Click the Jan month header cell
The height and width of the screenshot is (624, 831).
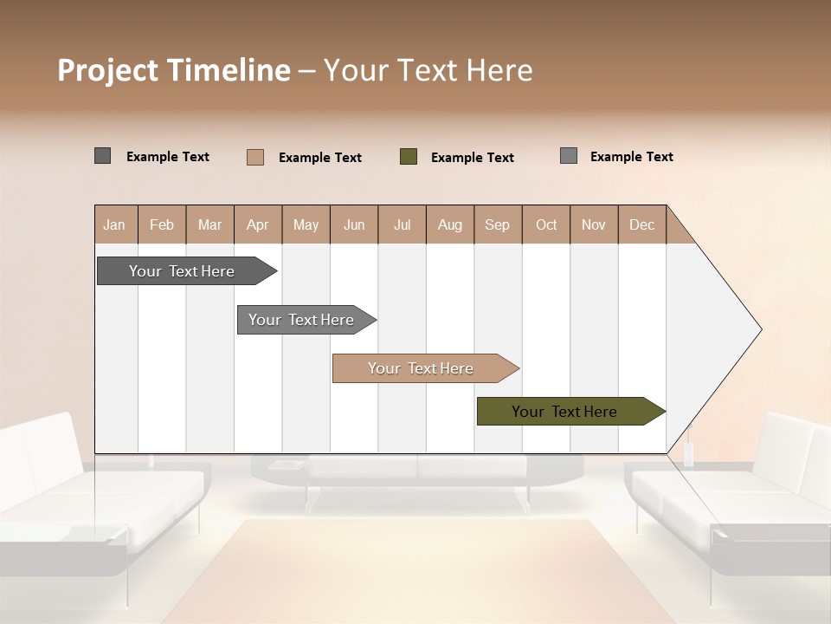click(x=115, y=224)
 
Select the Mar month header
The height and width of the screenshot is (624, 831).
click(x=209, y=224)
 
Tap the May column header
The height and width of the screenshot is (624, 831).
click(x=306, y=224)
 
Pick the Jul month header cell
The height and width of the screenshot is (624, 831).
click(x=402, y=224)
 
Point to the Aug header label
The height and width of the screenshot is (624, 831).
click(x=449, y=224)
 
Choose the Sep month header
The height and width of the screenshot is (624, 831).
click(x=498, y=224)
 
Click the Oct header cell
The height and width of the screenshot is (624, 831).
click(x=546, y=224)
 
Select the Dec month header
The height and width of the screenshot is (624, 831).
click(x=641, y=224)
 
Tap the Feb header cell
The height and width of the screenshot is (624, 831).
click(x=162, y=224)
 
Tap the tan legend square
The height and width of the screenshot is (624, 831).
click(x=255, y=157)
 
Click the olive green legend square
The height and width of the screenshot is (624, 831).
click(x=409, y=157)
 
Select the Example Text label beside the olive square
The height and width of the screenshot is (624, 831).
click(x=473, y=158)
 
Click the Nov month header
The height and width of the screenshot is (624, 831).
click(x=594, y=224)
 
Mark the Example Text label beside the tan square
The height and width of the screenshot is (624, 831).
click(x=320, y=158)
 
